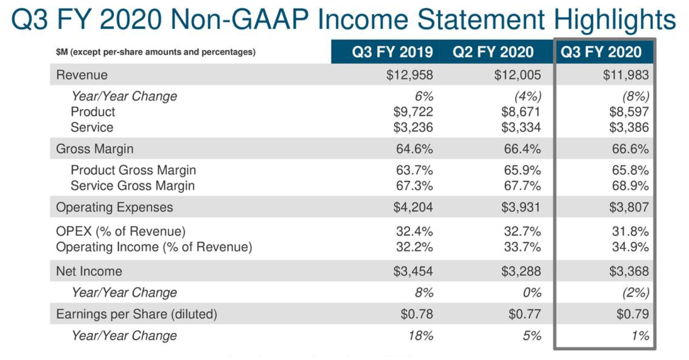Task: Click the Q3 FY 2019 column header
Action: pos(392,52)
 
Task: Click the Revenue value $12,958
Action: pos(413,75)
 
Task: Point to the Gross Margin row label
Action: pos(94,149)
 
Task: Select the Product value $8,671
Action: pos(521,112)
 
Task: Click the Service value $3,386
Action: pos(629,127)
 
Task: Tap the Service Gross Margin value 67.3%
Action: pos(414,186)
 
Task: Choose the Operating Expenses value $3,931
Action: pos(521,208)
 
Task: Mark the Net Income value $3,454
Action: pos(413,271)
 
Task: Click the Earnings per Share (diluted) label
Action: pos(137,314)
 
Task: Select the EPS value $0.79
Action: pos(633,314)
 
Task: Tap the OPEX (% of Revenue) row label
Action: pos(121,232)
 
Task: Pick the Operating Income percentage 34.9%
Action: pos(630,247)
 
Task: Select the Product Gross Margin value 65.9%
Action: pos(522,170)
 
